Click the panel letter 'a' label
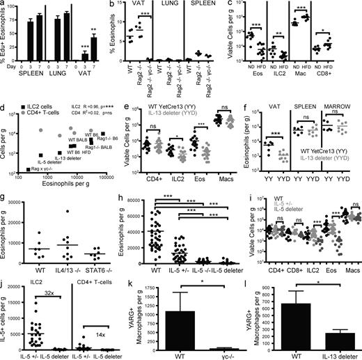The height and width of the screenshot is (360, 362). point(4,6)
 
